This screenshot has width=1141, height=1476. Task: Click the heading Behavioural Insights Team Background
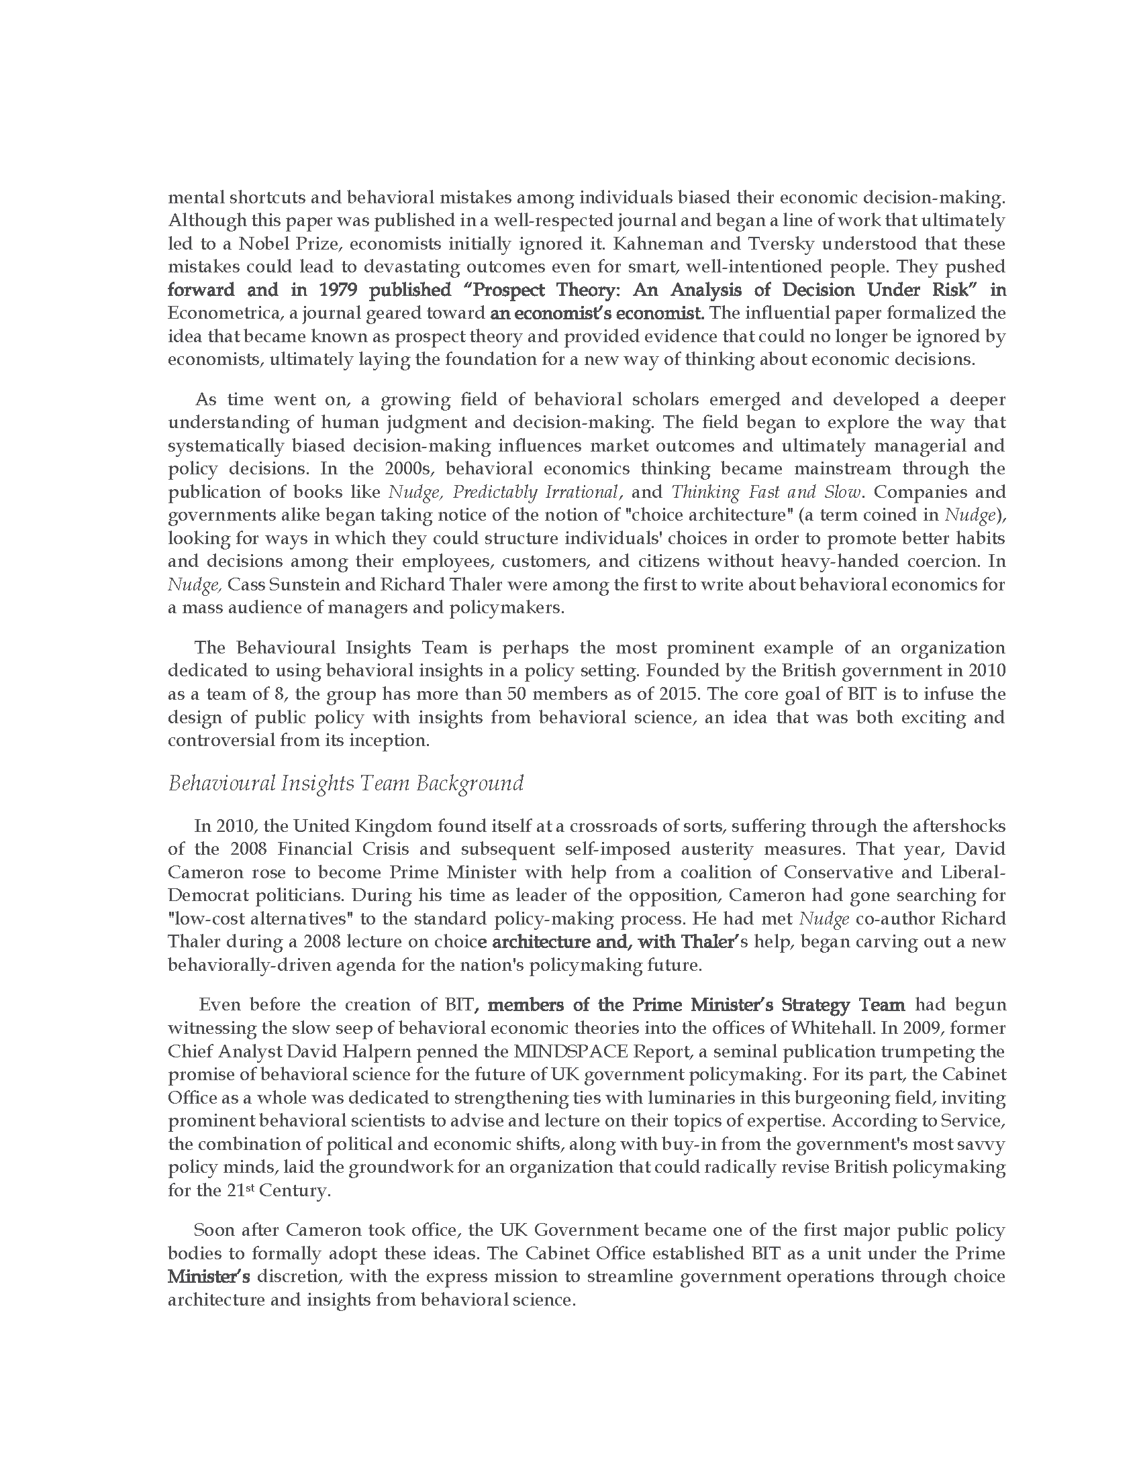point(346,783)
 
